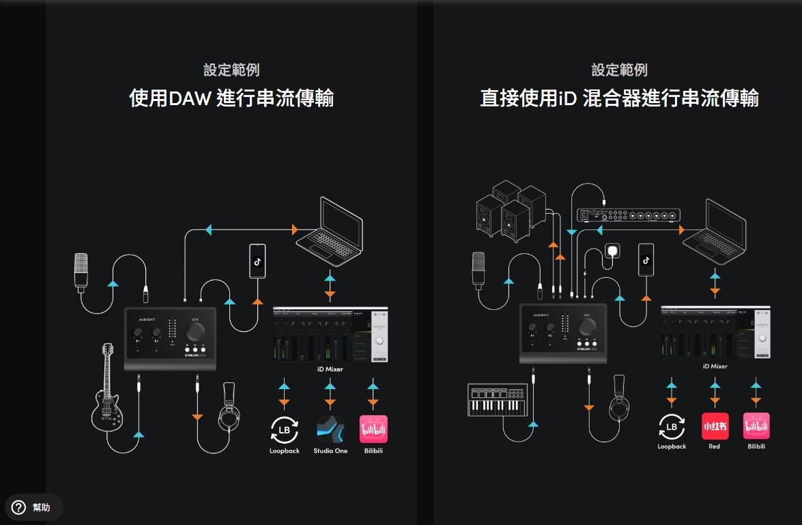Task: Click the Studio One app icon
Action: tap(330, 429)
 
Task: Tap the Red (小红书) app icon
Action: tap(715, 426)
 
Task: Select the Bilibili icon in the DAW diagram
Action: tap(373, 429)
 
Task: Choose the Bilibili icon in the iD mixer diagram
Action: tap(756, 426)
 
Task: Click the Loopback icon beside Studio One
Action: tap(285, 429)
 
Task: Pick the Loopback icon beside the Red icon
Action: tap(672, 427)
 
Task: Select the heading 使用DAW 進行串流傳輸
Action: tap(231, 98)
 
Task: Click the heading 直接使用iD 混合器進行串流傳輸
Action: tap(619, 98)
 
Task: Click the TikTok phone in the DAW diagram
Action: tap(257, 261)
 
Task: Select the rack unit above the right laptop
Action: tap(629, 215)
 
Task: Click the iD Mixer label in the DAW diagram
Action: tap(330, 369)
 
